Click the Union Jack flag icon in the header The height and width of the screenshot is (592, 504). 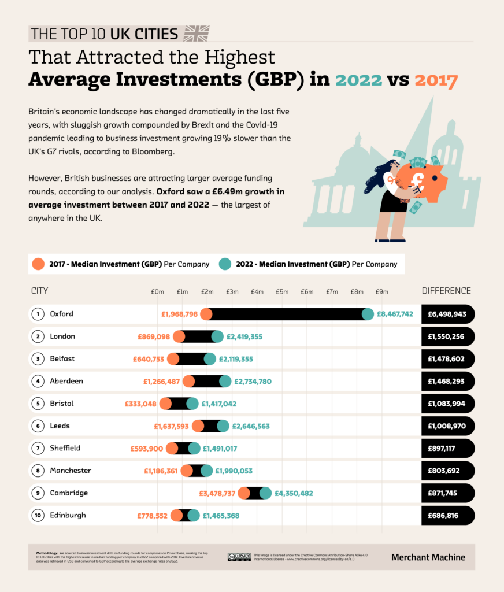(x=196, y=34)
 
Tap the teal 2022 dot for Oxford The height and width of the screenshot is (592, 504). (x=368, y=314)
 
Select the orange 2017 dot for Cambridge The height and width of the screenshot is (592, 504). (x=244, y=493)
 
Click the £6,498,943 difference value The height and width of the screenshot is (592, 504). (x=447, y=314)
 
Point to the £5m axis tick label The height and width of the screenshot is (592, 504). (x=282, y=291)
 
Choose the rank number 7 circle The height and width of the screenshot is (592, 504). (x=38, y=448)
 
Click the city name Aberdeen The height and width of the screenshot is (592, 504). (x=66, y=381)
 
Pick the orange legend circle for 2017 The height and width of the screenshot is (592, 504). (x=38, y=264)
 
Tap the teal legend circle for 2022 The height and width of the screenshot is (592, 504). (x=225, y=264)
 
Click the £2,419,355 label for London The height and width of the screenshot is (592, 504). (x=246, y=336)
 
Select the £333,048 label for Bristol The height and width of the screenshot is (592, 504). (x=140, y=404)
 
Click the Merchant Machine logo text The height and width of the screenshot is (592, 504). (x=428, y=557)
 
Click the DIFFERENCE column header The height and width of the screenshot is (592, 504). (x=446, y=291)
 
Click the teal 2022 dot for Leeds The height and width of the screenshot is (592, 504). (x=223, y=426)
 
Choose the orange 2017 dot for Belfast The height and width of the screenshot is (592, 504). (x=173, y=359)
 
